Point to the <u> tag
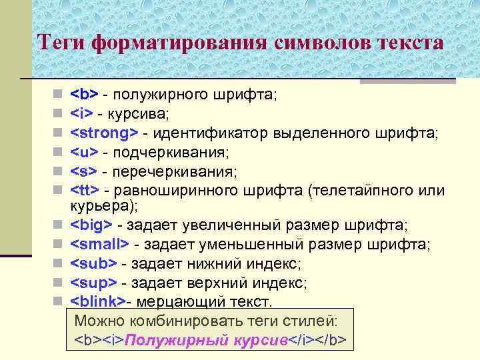[84, 153]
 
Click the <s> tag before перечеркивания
[83, 173]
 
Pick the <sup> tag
[93, 283]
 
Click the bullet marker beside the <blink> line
[59, 301]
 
